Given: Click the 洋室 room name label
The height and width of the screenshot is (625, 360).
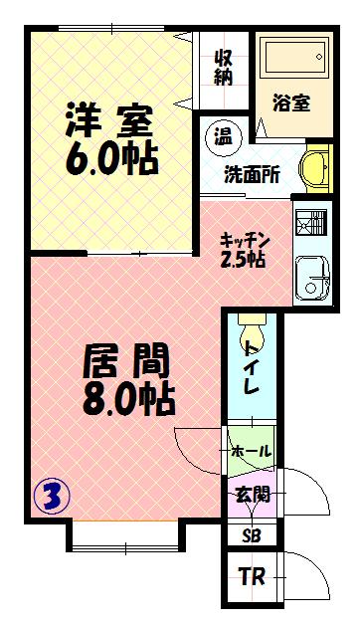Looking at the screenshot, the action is (108, 119).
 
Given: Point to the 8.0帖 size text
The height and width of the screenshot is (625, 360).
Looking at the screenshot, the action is (129, 398).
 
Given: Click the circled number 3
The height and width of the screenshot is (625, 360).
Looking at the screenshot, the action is (52, 496).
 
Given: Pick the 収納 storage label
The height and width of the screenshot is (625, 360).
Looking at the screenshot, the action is (223, 68).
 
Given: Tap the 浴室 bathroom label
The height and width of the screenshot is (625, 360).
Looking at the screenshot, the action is (291, 104).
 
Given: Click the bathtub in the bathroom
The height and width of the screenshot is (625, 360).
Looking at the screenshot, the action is (296, 57).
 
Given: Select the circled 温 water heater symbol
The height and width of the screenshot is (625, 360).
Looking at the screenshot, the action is (223, 138).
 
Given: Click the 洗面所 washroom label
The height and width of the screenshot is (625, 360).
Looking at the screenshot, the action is (252, 174).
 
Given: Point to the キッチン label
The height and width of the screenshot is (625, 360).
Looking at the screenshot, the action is (246, 241).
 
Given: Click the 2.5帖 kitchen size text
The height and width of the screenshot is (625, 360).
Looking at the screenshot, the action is (243, 260).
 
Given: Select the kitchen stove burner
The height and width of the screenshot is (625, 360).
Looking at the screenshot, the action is (310, 222).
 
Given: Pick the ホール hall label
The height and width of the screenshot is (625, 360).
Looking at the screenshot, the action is (252, 452).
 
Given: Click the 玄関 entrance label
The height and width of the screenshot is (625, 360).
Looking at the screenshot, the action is (253, 495).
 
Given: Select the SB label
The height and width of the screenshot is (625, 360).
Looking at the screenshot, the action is (252, 535).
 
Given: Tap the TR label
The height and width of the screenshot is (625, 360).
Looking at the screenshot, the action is (252, 576).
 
